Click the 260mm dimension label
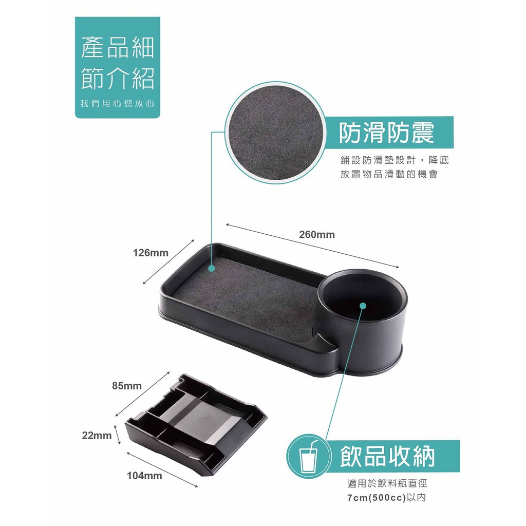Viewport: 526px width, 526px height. [316, 234]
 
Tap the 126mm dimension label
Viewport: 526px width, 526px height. [151, 253]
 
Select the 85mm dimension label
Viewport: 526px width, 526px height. [127, 386]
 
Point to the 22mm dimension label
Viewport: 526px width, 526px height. [97, 436]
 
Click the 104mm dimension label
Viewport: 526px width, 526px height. [144, 475]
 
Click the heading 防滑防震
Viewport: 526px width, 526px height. [387, 133]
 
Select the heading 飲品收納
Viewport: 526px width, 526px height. [388, 456]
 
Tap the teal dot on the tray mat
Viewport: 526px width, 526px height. [211, 268]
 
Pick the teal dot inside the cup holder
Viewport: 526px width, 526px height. [363, 305]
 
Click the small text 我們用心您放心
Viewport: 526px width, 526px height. [118, 104]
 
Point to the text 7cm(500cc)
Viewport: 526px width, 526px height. [377, 497]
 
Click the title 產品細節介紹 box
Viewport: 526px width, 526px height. [118, 67]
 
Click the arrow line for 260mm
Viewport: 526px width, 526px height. [313, 246]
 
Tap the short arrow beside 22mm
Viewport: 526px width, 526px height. [118, 435]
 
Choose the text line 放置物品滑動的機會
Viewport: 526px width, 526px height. [389, 175]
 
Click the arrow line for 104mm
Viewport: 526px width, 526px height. [162, 469]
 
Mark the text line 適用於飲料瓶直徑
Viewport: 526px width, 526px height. [387, 483]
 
